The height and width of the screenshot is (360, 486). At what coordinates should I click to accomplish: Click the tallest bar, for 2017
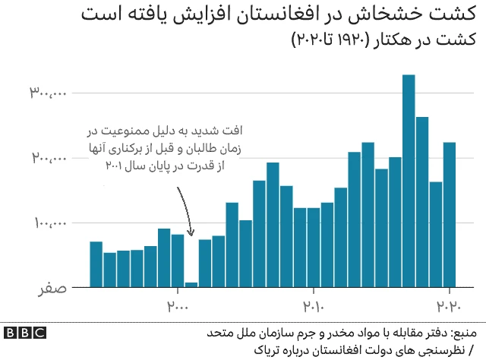click(x=409, y=182)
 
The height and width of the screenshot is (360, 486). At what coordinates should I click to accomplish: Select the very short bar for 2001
click(x=191, y=285)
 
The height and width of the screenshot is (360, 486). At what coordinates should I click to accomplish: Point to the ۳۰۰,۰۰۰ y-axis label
click(x=49, y=93)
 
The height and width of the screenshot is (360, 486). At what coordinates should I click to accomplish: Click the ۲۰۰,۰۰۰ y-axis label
click(x=49, y=159)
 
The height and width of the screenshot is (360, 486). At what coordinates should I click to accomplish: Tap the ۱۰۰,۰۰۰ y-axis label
click(x=49, y=223)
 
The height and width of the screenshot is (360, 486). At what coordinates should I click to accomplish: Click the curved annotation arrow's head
click(x=191, y=233)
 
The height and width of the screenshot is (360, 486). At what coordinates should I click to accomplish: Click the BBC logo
click(x=24, y=333)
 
